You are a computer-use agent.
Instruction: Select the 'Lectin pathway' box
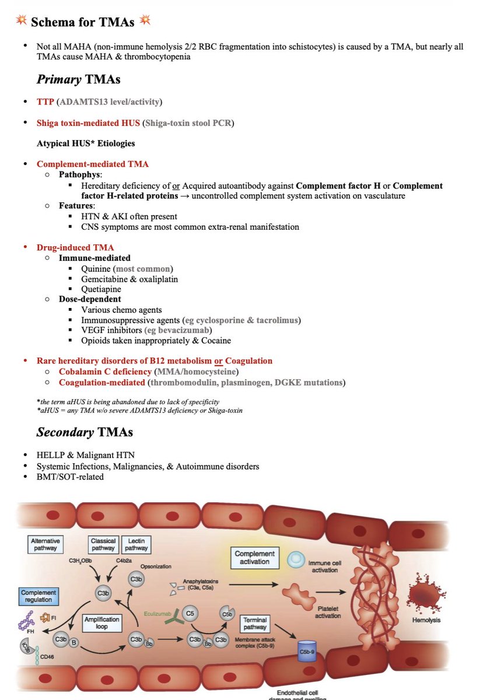pyautogui.click(x=136, y=545)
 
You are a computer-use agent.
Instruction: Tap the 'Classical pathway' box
pyautogui.click(x=103, y=545)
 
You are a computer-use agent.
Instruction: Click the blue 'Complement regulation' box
pyautogui.click(x=38, y=596)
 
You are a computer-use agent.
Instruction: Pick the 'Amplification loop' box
pyautogui.click(x=101, y=623)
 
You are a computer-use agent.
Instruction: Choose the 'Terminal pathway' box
pyautogui.click(x=255, y=624)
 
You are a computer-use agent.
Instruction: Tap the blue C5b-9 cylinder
pyautogui.click(x=307, y=650)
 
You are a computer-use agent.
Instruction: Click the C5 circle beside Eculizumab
pyautogui.click(x=188, y=614)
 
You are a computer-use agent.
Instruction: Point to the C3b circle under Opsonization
pyautogui.click(x=136, y=579)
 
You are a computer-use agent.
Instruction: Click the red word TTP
pyautogui.click(x=45, y=101)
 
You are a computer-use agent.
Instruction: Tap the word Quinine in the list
pyautogui.click(x=97, y=268)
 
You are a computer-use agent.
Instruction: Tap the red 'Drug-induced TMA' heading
pyautogui.click(x=75, y=247)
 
